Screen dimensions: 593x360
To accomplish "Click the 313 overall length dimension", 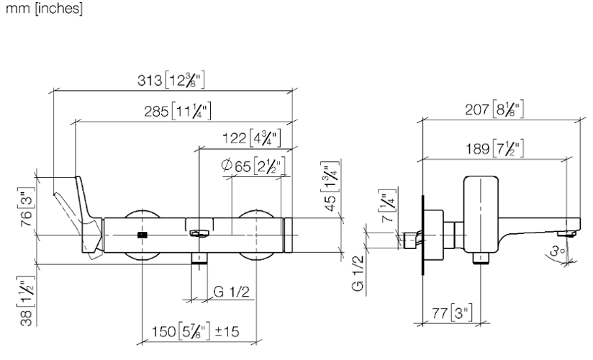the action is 171,80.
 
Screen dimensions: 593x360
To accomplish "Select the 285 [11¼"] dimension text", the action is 177,111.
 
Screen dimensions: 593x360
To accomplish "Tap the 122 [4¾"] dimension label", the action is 251,138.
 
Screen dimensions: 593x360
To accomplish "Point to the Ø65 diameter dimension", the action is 253,166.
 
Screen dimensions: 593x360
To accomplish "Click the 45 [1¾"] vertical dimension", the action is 330,186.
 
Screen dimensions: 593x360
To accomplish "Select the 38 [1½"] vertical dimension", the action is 27,301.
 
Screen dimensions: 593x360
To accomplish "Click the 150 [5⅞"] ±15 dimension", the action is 196,331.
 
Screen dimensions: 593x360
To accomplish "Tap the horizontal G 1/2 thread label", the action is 232,292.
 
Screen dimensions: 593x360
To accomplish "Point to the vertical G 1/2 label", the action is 358,274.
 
